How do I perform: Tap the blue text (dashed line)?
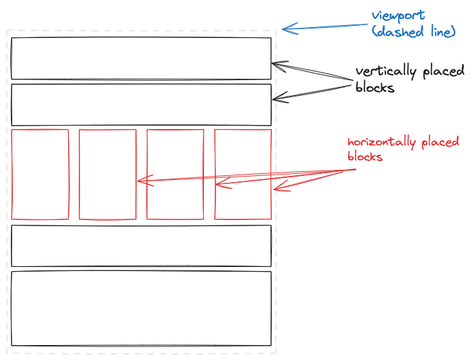click(415, 31)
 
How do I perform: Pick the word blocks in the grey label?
click(374, 88)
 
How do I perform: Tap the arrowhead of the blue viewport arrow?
click(285, 28)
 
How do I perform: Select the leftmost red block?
click(40, 175)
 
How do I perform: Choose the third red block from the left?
click(175, 175)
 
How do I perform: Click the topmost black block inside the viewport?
click(141, 58)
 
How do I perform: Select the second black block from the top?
click(141, 103)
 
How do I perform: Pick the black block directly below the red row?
click(141, 245)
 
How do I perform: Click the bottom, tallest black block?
click(141, 308)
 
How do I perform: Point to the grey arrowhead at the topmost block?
click(277, 65)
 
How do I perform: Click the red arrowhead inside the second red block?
click(140, 181)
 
